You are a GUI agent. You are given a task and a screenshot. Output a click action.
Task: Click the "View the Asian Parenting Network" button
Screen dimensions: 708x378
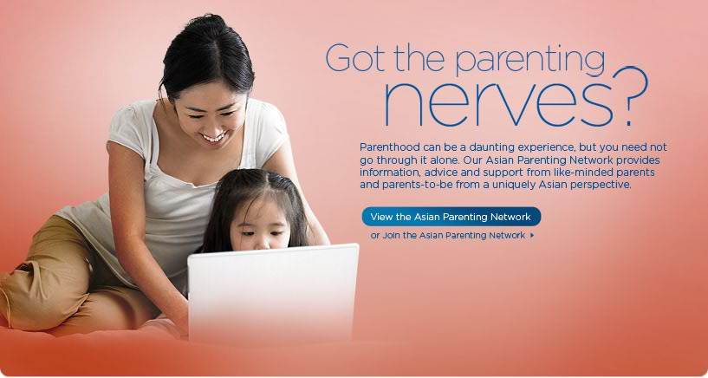point(451,217)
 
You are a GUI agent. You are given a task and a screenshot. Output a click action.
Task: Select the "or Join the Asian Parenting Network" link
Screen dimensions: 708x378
point(447,235)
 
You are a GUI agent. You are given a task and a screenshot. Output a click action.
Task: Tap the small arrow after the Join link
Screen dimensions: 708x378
point(532,235)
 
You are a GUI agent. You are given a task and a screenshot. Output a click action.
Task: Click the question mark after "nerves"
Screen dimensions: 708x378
point(630,96)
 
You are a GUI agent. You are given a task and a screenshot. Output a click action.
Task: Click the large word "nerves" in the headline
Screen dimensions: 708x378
point(498,104)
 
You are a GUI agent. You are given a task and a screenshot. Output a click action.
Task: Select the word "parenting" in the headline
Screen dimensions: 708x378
point(530,62)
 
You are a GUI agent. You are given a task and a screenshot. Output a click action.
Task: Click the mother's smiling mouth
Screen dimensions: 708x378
point(213,137)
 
